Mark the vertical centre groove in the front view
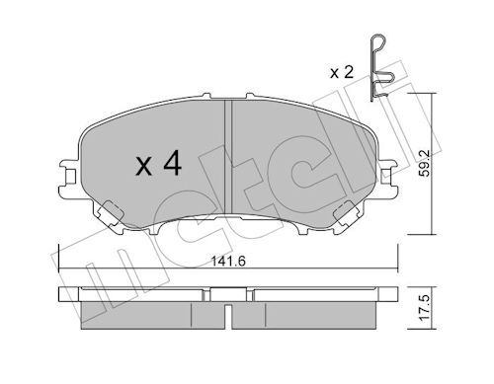tap(228, 158)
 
